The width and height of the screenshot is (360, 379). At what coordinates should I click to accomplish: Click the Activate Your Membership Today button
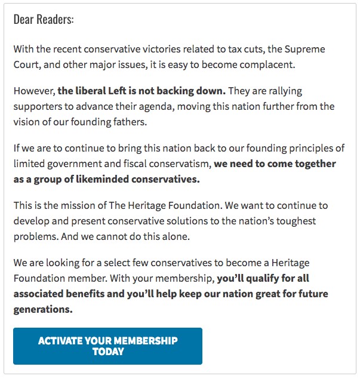(x=107, y=346)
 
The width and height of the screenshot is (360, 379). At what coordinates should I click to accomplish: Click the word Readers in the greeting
(x=55, y=20)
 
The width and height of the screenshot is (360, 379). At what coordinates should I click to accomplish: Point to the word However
(x=33, y=91)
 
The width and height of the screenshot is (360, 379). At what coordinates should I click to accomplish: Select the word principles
(x=319, y=149)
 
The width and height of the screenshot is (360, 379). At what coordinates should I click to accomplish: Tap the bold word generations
(x=42, y=309)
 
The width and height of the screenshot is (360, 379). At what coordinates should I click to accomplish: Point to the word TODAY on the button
(x=108, y=352)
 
